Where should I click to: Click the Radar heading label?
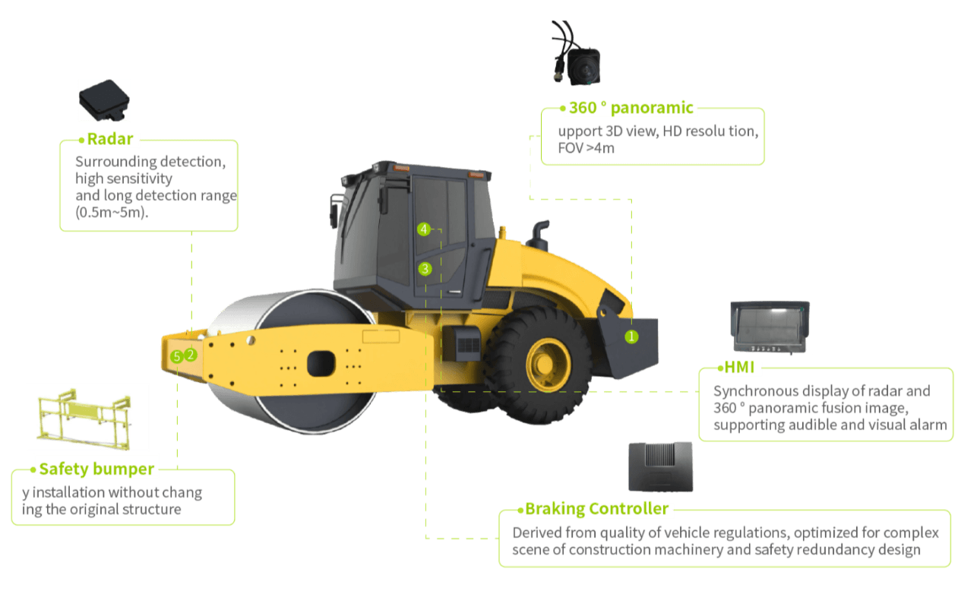(110, 139)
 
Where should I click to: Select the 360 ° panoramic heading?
(631, 108)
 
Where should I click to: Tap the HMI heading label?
(739, 368)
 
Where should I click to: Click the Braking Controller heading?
(596, 509)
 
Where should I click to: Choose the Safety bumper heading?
(96, 469)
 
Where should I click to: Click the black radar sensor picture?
(104, 100)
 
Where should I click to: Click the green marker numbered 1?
(631, 336)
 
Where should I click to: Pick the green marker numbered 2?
(191, 354)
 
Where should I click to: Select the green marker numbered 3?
(425, 268)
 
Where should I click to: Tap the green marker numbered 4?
(423, 229)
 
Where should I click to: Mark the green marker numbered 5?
(177, 356)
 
